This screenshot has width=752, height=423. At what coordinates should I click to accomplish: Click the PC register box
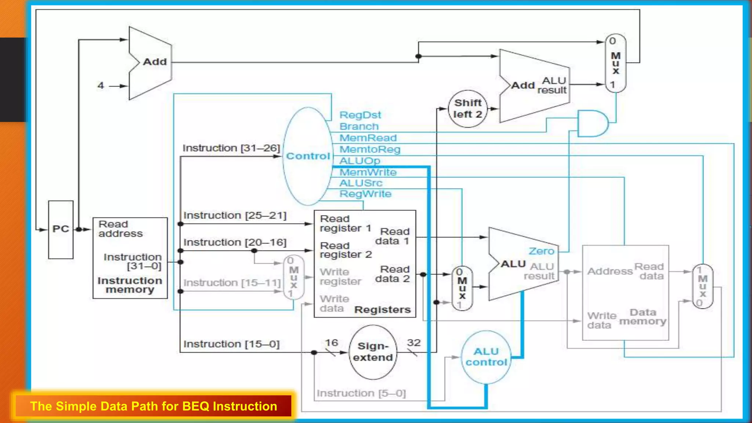pos(61,229)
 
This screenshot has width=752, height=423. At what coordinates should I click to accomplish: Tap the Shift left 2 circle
pos(467,109)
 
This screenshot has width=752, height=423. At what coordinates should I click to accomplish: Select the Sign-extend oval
pos(373,352)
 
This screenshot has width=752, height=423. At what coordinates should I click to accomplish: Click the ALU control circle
pos(486,357)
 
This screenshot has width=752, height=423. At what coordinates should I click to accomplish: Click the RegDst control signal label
pos(360,115)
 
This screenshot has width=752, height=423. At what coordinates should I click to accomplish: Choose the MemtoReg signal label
pos(370,149)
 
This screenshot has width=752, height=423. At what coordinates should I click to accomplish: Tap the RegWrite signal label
pos(365,194)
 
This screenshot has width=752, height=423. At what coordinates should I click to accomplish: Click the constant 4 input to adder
pos(101,86)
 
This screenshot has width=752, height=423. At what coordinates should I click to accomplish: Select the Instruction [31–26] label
pos(231,148)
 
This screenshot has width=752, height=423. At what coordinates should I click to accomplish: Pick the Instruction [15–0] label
pos(231,344)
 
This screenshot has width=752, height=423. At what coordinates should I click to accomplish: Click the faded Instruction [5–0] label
pos(361,393)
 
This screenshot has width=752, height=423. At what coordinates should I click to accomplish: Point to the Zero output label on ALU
pos(541,251)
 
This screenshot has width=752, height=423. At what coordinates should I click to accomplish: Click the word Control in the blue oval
pos(308,156)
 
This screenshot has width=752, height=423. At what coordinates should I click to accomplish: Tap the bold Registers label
pos(382,310)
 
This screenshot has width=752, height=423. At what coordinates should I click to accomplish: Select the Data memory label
pos(643,317)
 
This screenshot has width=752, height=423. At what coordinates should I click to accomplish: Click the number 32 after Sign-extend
pos(413,343)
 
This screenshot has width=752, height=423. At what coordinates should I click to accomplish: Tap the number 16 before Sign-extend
pos(331,343)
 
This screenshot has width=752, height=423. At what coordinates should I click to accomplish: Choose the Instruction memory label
pos(130,285)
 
